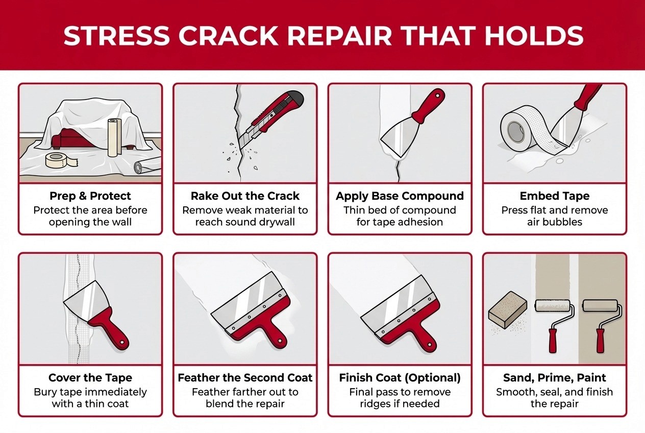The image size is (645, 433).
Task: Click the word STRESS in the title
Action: [116, 35]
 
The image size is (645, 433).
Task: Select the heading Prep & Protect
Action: [90, 196]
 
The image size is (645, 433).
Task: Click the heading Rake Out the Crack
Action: [245, 196]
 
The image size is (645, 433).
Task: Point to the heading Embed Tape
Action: [555, 196]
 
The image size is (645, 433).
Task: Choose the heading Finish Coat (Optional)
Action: [400, 378]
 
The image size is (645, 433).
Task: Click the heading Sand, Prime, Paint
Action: [555, 378]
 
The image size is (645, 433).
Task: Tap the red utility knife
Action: [271, 118]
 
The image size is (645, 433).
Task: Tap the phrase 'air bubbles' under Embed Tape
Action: [555, 222]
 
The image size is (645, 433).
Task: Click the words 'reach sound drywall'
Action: [245, 222]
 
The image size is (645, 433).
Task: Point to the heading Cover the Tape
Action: [90, 378]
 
